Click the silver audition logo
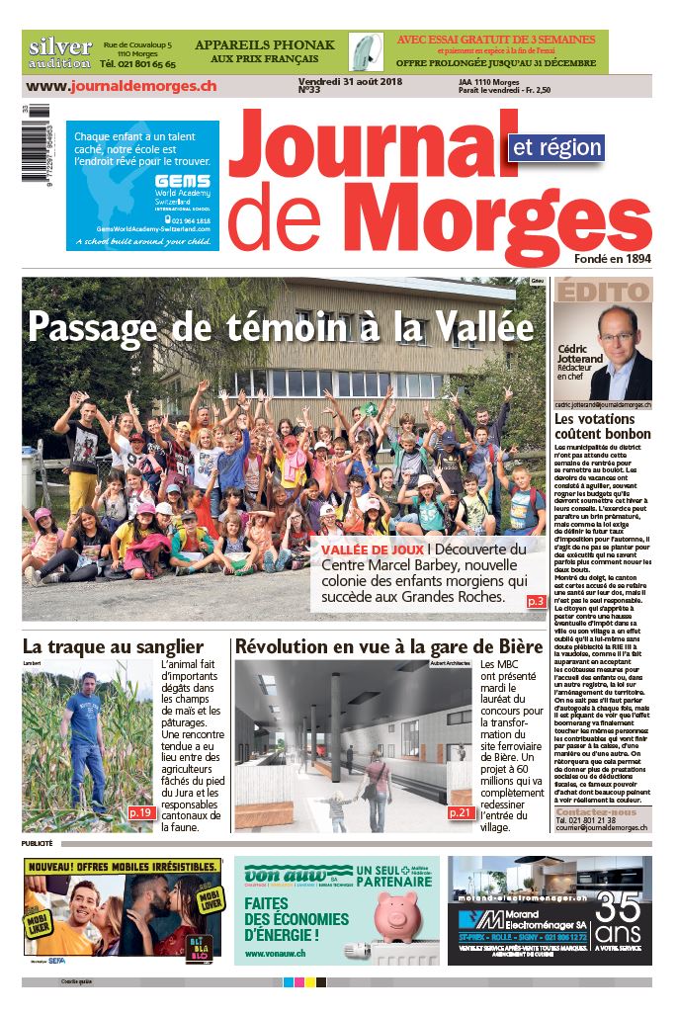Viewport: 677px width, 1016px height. (59, 52)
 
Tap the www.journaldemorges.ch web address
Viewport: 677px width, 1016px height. (122, 87)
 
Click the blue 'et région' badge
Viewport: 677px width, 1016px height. (555, 147)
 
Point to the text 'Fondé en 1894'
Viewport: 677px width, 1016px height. (612, 259)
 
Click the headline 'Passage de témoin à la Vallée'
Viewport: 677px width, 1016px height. (281, 325)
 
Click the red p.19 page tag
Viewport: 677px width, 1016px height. (140, 812)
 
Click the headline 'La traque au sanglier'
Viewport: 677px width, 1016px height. (113, 646)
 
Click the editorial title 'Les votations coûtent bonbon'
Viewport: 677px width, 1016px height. (602, 426)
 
